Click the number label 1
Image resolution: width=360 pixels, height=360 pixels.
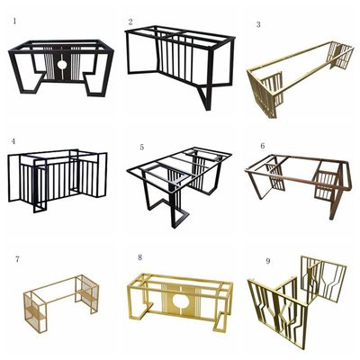(14, 21)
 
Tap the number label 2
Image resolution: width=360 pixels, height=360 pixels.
(130, 22)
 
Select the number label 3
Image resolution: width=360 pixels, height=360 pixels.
(258, 25)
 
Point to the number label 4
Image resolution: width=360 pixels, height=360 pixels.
(13, 141)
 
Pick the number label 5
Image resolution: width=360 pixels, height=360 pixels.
(141, 147)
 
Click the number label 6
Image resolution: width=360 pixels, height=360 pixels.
(263, 146)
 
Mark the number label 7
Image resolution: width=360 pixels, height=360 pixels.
(17, 259)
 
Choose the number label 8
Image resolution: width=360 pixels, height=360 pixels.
(140, 257)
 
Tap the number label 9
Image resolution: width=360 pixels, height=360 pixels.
(268, 261)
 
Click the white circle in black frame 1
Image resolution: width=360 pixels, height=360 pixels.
(62, 65)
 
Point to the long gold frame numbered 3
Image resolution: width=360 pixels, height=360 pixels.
(301, 78)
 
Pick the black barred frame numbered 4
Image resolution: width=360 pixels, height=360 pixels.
(57, 179)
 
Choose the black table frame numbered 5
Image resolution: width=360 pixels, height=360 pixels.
(179, 186)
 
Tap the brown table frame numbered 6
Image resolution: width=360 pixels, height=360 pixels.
(298, 184)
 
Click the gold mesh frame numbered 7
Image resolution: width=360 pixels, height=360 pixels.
(61, 303)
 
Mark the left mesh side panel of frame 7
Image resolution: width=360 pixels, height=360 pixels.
(35, 312)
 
